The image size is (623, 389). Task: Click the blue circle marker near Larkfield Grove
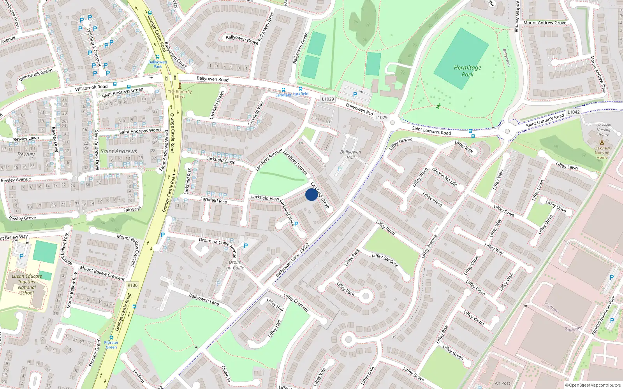(311, 194)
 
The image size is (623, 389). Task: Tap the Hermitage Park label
(467, 71)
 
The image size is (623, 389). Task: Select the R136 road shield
(132, 285)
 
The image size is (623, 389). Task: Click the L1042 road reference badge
(574, 112)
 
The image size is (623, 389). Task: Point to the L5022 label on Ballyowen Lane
(304, 249)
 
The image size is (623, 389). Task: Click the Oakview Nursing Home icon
(602, 142)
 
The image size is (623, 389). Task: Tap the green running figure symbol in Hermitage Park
(438, 106)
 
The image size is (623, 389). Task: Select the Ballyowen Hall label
(350, 154)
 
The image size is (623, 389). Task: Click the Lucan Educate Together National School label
(27, 284)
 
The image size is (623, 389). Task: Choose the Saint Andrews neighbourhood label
(119, 151)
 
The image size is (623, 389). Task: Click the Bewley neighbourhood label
(26, 154)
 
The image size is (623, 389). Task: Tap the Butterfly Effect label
(180, 94)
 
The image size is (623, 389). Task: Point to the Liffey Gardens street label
(385, 260)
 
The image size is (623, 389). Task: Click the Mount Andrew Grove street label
(545, 23)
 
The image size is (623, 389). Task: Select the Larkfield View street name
(265, 198)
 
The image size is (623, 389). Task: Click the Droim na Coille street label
(214, 241)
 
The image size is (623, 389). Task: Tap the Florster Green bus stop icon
(111, 338)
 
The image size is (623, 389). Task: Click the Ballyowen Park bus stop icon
(158, 57)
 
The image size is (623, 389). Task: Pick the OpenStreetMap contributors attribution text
(593, 385)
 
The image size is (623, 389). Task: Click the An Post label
(502, 383)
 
